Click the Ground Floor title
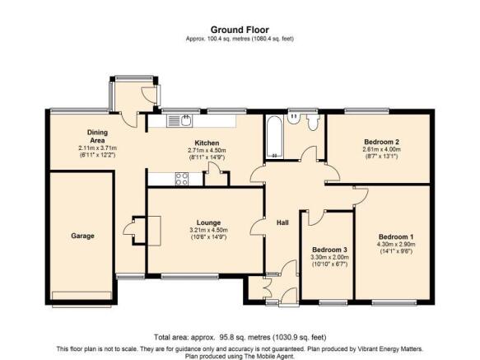point(240,30)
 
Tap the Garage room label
point(82,236)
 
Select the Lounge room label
point(208,222)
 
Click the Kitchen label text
point(207,143)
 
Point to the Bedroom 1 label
point(396,236)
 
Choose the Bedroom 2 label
point(381,142)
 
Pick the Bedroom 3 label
point(329,250)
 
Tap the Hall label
point(282,222)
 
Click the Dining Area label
point(98,137)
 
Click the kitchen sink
point(179,121)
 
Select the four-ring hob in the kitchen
point(182,180)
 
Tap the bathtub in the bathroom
point(274,137)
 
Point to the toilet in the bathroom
point(313,123)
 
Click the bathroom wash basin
point(294,119)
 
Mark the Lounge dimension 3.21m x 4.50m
point(208,230)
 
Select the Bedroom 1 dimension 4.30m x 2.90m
point(396,245)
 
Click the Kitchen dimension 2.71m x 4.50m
point(207,151)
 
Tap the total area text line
point(240,337)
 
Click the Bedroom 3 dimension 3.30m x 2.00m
point(329,257)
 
